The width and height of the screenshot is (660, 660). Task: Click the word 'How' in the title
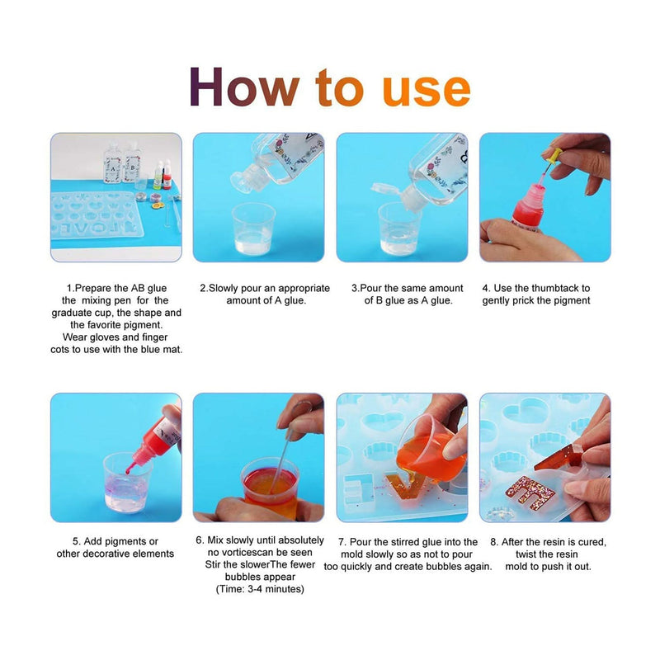tap(244, 87)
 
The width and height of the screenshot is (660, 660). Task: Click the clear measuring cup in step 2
tap(253, 229)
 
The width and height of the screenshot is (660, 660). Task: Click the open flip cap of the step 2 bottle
tap(249, 179)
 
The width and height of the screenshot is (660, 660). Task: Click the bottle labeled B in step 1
tap(132, 163)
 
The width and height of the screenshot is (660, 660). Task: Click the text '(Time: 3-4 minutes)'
tap(260, 589)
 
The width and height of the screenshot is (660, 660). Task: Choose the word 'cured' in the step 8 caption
tap(592, 542)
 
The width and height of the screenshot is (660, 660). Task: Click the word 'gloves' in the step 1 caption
tap(105, 337)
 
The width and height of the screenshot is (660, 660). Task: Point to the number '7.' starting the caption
tap(342, 542)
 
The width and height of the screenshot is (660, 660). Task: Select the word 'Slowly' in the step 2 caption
tap(224, 288)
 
